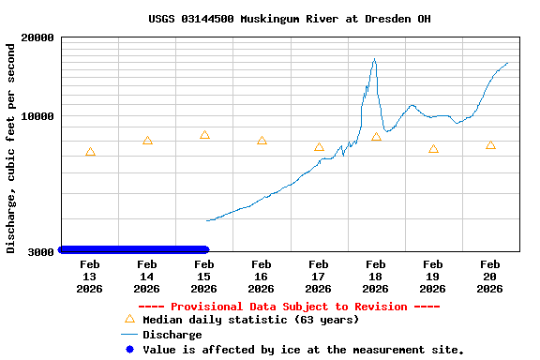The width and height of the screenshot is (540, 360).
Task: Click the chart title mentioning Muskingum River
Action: (x=289, y=19)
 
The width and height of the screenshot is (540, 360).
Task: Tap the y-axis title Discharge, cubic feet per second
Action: (x=11, y=145)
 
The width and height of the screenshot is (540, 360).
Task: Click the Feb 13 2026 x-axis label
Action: (x=89, y=277)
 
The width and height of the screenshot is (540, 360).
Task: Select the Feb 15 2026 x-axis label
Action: (x=203, y=277)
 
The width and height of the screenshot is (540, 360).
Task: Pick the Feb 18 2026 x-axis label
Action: (x=375, y=277)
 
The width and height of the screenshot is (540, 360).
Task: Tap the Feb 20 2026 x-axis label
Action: (x=489, y=277)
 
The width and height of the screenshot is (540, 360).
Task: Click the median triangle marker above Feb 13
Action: (x=90, y=152)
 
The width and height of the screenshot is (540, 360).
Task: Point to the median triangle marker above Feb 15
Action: (x=204, y=135)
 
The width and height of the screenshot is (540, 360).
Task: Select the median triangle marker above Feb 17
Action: (x=319, y=147)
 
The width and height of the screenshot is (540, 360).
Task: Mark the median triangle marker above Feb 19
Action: (x=433, y=149)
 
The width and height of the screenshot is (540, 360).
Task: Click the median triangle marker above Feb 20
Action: (x=490, y=145)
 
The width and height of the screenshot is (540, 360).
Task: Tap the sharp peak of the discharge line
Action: (x=374, y=59)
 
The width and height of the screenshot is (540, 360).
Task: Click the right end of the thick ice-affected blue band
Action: (x=205, y=249)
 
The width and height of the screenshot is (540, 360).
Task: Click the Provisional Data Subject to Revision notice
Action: (x=289, y=307)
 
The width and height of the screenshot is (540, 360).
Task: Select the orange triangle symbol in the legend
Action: (x=129, y=320)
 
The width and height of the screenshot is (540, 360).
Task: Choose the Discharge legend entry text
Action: (x=172, y=335)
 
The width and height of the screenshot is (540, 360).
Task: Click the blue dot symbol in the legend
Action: (x=129, y=350)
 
